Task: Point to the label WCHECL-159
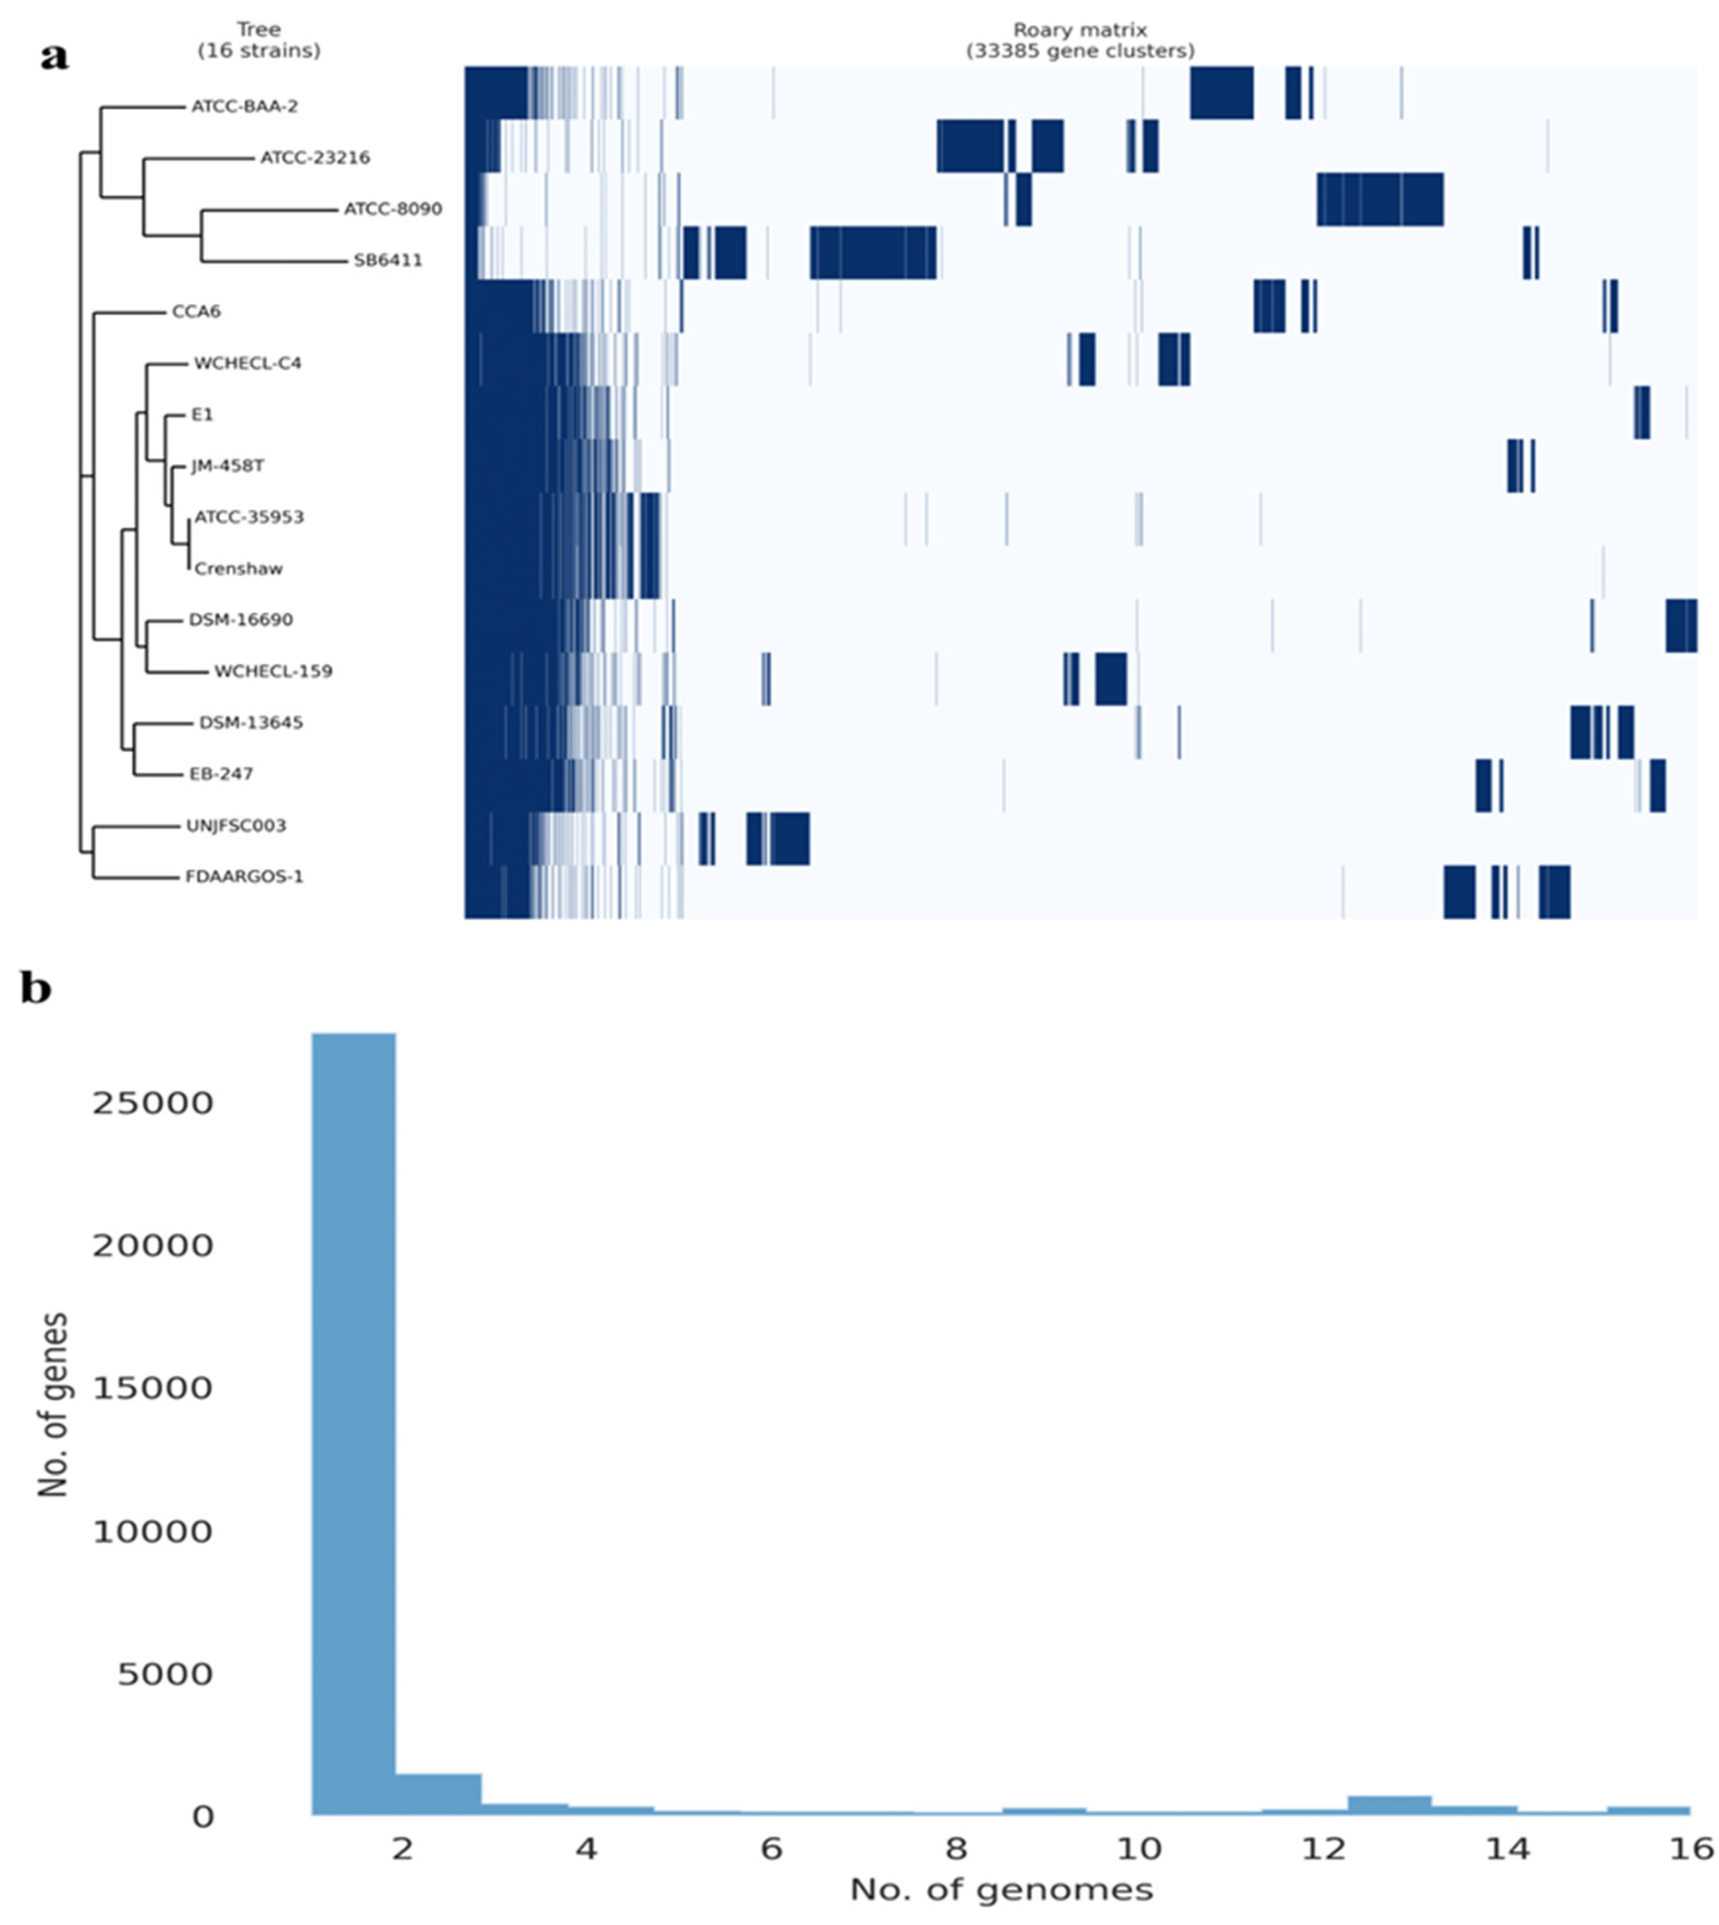click(273, 671)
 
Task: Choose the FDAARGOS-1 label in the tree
click(245, 876)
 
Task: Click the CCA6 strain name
click(196, 312)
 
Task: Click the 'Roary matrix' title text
click(1079, 31)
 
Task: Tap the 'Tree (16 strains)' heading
click(259, 41)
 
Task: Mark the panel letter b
click(36, 989)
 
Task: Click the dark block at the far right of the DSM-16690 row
click(1681, 625)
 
